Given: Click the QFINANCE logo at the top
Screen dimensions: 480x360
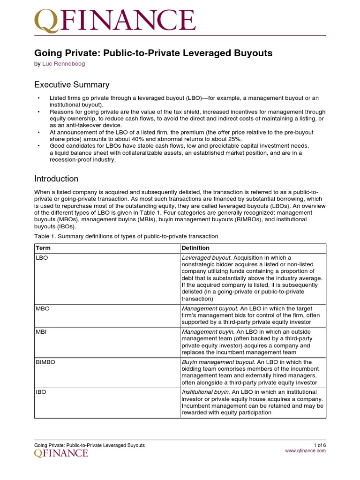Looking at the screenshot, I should [115, 21].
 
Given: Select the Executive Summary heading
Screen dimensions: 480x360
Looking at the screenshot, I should [72, 85].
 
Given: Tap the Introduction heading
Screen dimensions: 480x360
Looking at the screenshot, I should [56, 179].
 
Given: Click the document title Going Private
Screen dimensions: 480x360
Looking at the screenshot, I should [153, 53].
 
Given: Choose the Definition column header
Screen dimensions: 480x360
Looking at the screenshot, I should [195, 248].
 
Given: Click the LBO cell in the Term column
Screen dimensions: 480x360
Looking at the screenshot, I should [41, 258].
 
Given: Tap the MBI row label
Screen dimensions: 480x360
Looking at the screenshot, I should [41, 332].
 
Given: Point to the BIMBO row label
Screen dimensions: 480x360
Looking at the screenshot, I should [45, 362].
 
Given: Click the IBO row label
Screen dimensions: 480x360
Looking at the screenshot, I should [41, 392].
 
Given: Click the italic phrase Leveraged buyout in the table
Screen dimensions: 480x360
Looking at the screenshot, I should [206, 258].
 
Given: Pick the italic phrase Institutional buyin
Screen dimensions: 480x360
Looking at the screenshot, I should [206, 392].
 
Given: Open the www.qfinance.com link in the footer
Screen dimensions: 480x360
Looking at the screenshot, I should [305, 451].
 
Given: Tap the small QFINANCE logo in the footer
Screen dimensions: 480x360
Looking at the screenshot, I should [61, 453].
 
